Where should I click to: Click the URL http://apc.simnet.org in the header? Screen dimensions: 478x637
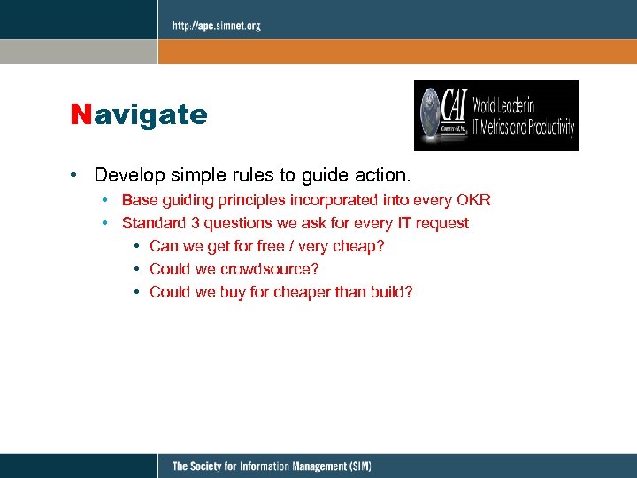tap(217, 26)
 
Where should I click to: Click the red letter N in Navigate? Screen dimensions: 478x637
tap(81, 115)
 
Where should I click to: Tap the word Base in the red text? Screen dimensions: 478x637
tap(138, 200)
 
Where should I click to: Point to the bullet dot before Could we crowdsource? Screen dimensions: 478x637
tap(137, 269)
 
